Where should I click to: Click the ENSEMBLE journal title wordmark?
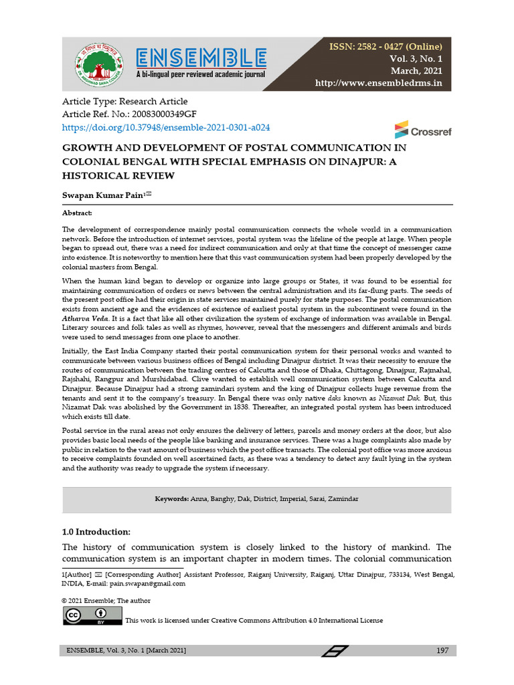201,56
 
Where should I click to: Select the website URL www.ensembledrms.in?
379,83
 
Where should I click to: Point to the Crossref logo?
422,130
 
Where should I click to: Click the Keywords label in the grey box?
172,499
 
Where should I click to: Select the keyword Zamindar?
341,499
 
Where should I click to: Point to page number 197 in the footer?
441,651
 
